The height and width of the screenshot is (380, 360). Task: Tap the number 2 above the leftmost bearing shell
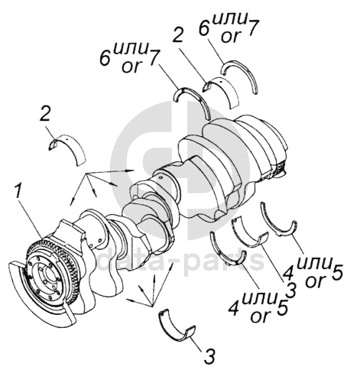(x=46, y=115)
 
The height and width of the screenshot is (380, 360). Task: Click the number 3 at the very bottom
(x=209, y=356)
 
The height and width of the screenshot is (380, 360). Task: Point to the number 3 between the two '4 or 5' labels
(x=290, y=290)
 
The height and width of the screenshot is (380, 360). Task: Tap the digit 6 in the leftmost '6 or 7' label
(x=105, y=58)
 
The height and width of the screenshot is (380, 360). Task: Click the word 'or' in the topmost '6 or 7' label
(x=231, y=37)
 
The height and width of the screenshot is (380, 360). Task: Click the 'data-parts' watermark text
(x=180, y=261)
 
